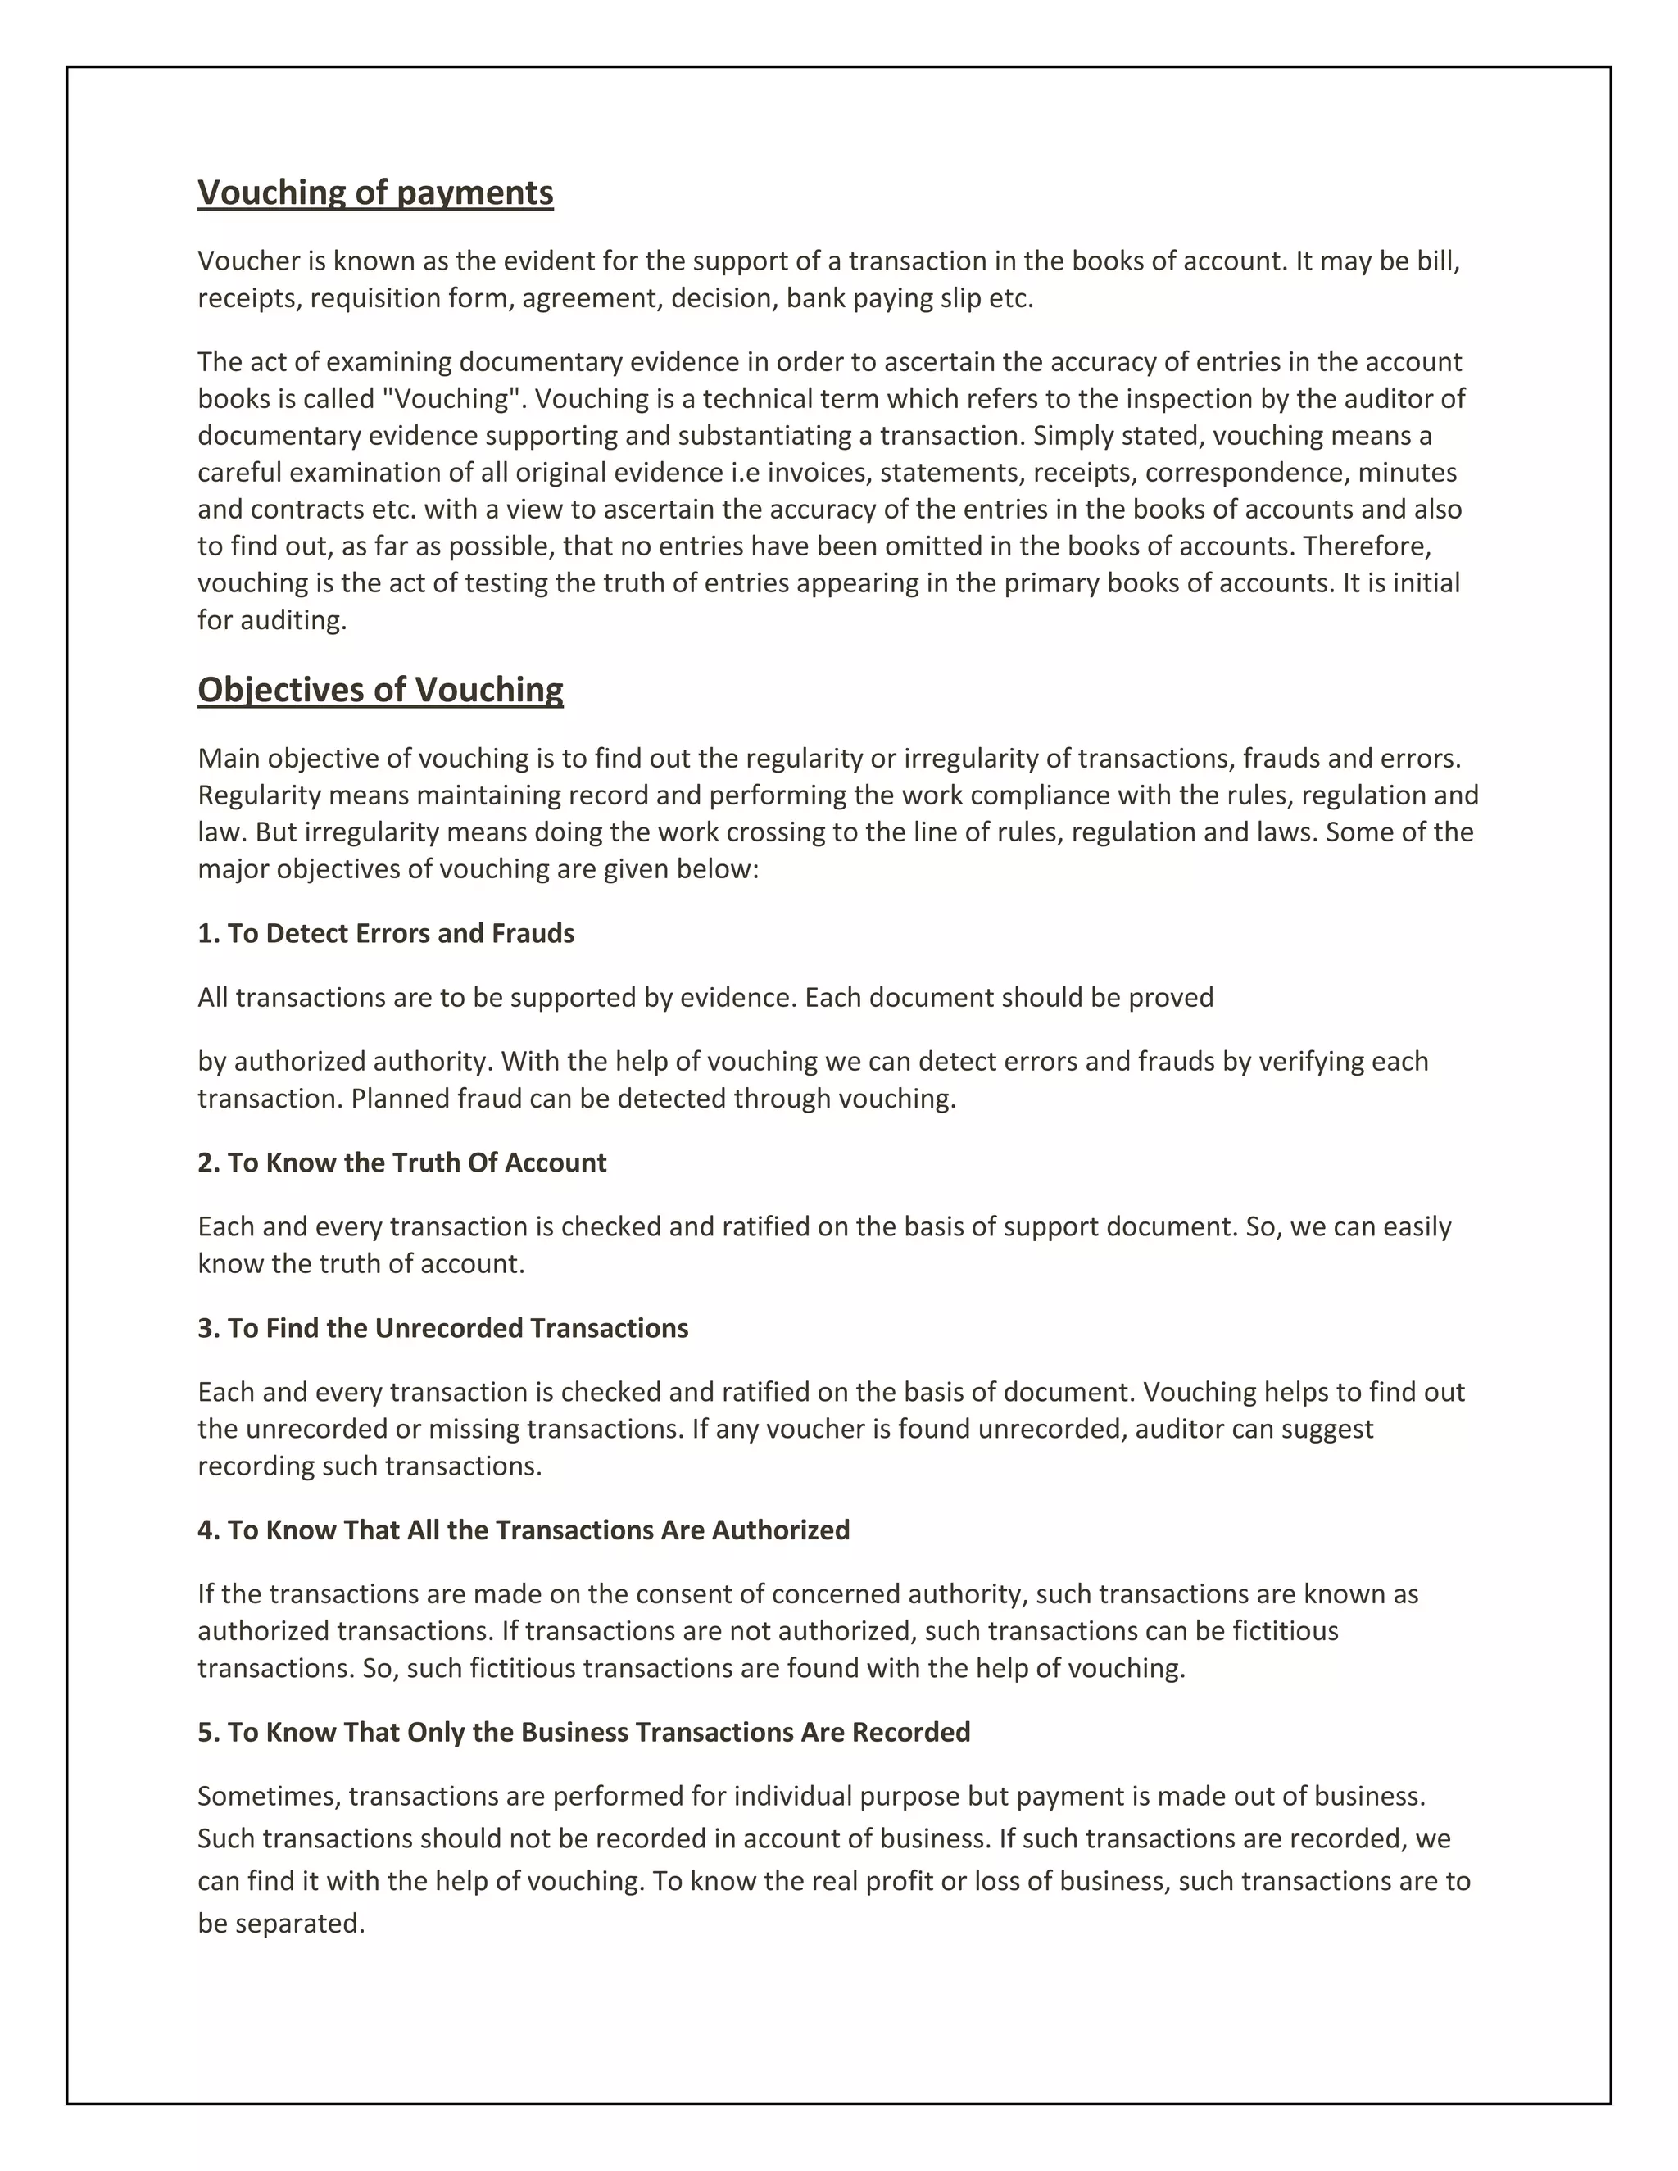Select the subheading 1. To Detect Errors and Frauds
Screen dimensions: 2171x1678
[x=386, y=933]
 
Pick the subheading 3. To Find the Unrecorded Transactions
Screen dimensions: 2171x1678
[x=442, y=1328]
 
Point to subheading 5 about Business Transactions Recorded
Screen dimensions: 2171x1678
[x=583, y=1732]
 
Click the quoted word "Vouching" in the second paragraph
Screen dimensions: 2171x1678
[x=451, y=399]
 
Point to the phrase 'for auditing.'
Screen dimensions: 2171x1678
[x=272, y=620]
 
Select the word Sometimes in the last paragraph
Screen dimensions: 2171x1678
[x=270, y=1797]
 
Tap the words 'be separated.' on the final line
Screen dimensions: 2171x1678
[x=281, y=1924]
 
